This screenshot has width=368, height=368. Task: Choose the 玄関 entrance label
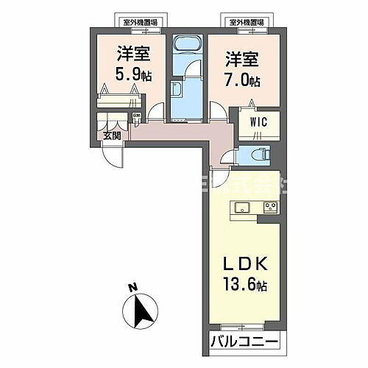point(112,135)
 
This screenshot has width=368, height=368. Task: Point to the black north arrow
point(145,312)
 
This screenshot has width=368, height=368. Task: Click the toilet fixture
point(259,154)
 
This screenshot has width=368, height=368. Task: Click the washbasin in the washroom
point(177,91)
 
